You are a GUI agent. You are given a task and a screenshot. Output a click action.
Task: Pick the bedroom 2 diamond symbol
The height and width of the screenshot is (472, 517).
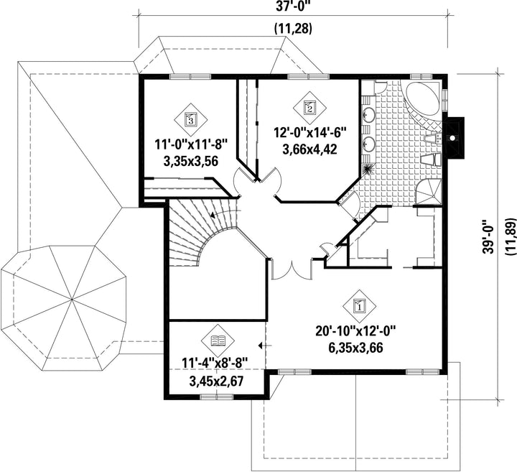tap(309, 107)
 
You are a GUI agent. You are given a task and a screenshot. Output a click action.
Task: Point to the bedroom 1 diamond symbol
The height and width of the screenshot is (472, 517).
tap(359, 306)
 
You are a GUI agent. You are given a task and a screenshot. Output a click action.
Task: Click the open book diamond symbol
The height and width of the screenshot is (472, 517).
tap(218, 340)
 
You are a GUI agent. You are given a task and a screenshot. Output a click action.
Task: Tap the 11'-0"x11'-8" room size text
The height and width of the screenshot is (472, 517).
tap(191, 145)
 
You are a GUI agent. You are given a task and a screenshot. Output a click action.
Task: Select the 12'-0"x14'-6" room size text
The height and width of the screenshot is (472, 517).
tap(309, 133)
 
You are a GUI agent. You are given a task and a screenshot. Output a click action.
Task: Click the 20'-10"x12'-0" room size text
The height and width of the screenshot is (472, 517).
tap(355, 331)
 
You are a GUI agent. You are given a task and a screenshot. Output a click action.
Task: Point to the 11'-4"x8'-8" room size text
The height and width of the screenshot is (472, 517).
tap(215, 365)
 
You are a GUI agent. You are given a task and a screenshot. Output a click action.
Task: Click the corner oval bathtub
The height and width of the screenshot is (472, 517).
tap(423, 97)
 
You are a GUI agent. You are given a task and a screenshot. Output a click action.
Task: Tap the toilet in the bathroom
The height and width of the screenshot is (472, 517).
tap(432, 160)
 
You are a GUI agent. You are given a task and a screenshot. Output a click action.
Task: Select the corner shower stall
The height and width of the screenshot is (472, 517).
tap(427, 193)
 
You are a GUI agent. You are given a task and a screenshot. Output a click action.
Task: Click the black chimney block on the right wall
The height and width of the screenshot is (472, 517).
tap(454, 136)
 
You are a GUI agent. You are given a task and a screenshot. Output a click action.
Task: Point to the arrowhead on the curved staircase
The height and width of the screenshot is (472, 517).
tap(213, 216)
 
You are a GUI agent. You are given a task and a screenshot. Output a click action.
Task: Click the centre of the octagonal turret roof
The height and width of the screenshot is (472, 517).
tap(72, 300)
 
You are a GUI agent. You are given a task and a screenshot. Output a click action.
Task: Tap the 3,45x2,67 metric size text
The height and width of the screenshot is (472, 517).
tap(216, 381)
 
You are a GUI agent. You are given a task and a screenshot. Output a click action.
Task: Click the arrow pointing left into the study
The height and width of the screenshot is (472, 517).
tap(265, 346)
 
